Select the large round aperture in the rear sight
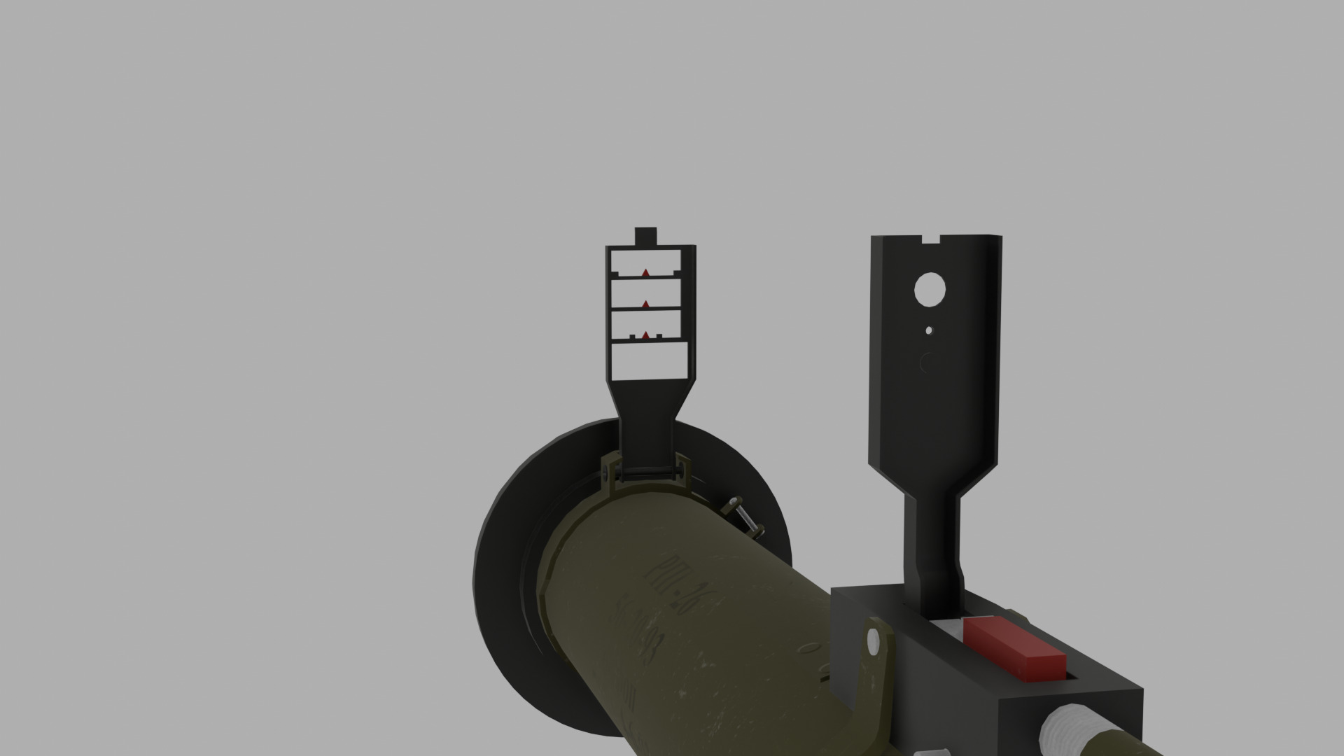[x=930, y=288]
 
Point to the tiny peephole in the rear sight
[x=929, y=330]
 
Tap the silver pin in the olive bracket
[x=873, y=640]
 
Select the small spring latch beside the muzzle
[x=745, y=517]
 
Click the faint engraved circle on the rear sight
[x=929, y=363]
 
